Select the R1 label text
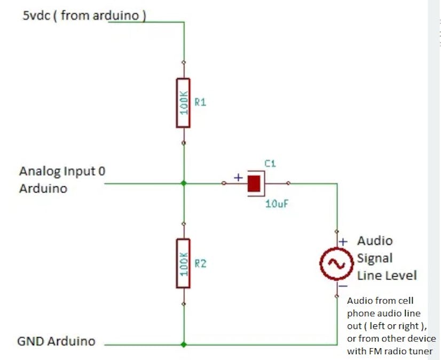tap(200, 102)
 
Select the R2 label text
tap(200, 263)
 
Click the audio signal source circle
tap(336, 262)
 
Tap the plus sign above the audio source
tap(344, 241)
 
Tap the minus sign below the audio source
tap(344, 285)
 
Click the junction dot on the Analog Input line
tap(183, 183)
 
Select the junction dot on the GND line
tap(183, 345)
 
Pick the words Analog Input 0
tap(62, 171)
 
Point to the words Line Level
tap(387, 275)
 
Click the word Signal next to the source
tap(375, 258)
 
